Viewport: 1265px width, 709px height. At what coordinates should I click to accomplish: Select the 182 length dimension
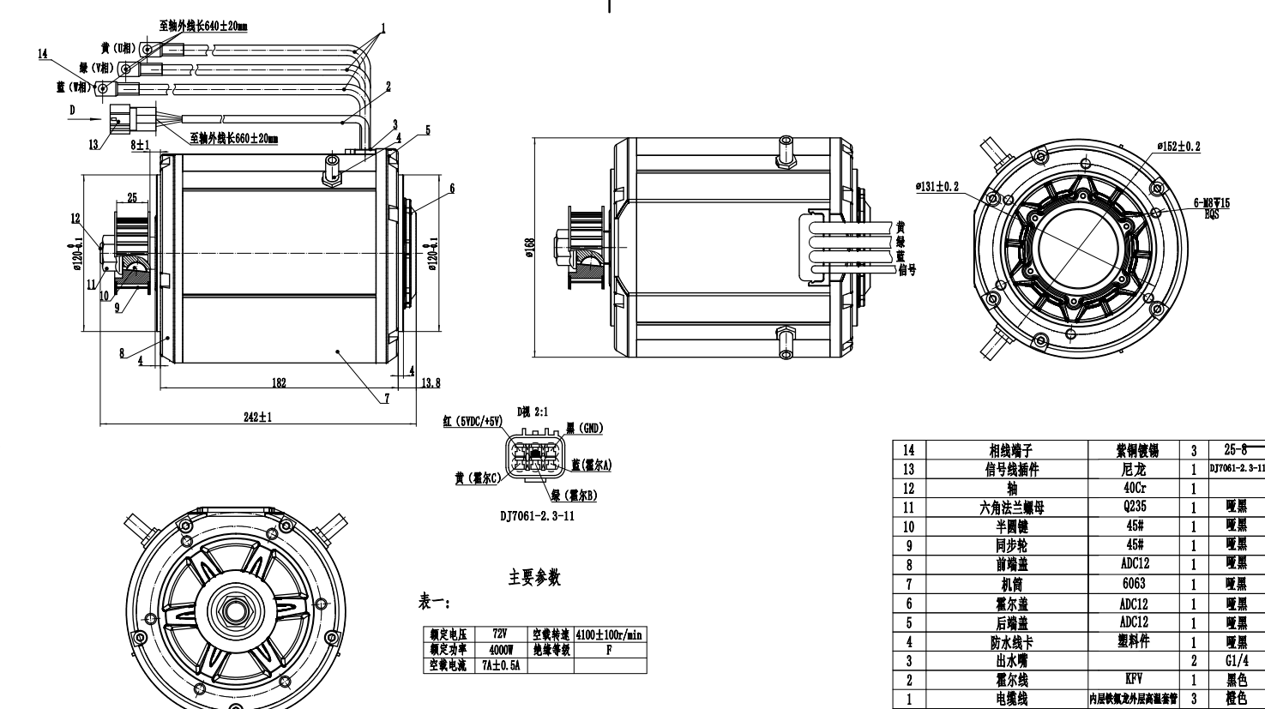(279, 382)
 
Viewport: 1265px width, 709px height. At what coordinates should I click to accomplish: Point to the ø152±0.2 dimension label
(1178, 146)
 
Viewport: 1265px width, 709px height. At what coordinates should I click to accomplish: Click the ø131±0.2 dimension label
(937, 186)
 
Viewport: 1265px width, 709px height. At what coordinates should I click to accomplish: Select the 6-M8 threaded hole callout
(1211, 203)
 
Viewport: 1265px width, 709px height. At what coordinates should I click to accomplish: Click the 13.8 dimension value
(431, 382)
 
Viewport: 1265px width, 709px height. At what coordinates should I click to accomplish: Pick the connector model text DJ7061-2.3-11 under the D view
(539, 516)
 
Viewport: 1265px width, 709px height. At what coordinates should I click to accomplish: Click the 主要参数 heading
(535, 579)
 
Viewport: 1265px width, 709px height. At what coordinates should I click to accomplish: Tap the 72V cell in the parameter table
(498, 634)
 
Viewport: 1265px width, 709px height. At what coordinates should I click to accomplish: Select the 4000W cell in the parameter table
(498, 650)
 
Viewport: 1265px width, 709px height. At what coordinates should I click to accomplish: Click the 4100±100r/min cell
(609, 634)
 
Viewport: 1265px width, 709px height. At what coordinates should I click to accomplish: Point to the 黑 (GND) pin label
(587, 428)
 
